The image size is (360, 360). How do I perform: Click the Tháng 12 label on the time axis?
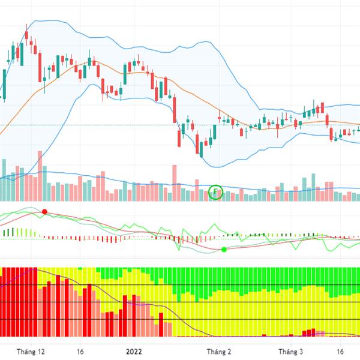pyautogui.click(x=31, y=352)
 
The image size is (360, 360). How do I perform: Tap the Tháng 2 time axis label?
pyautogui.click(x=219, y=352)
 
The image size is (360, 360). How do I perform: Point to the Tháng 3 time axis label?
pyautogui.click(x=292, y=352)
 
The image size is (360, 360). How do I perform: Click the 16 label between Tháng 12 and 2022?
pyautogui.click(x=80, y=352)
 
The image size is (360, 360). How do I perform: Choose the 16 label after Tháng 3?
pyautogui.click(x=340, y=352)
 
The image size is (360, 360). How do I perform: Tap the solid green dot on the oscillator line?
pyautogui.click(x=224, y=249)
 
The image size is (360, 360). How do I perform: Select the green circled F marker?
pyautogui.click(x=217, y=193)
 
